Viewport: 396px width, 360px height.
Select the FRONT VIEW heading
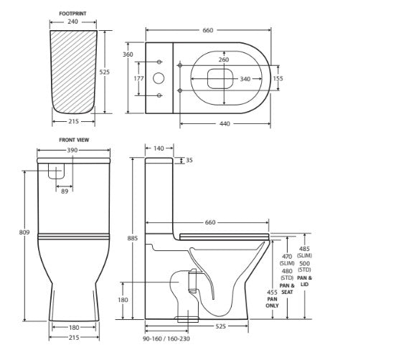73,140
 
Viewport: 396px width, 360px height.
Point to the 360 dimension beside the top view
128,55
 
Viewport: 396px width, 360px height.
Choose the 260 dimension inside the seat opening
224,60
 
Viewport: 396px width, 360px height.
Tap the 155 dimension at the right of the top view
278,78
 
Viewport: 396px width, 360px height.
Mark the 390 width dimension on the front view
73,150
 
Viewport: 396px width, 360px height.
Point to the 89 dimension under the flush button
65,191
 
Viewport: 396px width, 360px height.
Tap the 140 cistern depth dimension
159,148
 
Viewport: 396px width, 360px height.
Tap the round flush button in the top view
159,78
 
